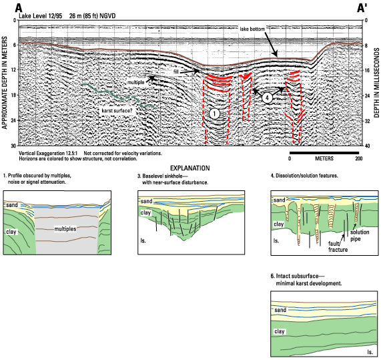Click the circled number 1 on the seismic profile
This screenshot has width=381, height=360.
pos(214,114)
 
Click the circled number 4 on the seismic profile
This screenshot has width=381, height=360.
pos(267,98)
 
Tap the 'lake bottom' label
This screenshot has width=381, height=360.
pos(252,29)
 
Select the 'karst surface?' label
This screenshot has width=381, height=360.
pos(117,111)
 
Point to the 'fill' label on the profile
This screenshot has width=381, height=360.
pos(176,71)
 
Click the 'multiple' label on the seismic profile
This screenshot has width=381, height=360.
pos(136,82)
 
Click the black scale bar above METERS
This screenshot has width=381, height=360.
pos(324,153)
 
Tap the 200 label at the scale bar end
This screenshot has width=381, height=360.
pos(358,158)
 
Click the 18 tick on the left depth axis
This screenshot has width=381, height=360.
pos(13,95)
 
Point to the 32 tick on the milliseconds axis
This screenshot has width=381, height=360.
pos(368,121)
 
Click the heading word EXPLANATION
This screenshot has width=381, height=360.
pos(189,168)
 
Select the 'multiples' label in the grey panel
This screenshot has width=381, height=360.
pos(65,229)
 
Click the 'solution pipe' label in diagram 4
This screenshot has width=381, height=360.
pos(360,236)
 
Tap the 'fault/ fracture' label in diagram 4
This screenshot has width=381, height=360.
pos(338,246)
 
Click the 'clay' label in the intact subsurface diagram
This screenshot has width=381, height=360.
pos(279,331)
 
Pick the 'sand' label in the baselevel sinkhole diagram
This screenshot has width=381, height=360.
pos(146,201)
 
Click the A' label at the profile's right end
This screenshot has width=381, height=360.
pos(362,8)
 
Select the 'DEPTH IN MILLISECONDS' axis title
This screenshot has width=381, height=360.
pos(376,83)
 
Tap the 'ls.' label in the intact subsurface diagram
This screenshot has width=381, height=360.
pos(370,352)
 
